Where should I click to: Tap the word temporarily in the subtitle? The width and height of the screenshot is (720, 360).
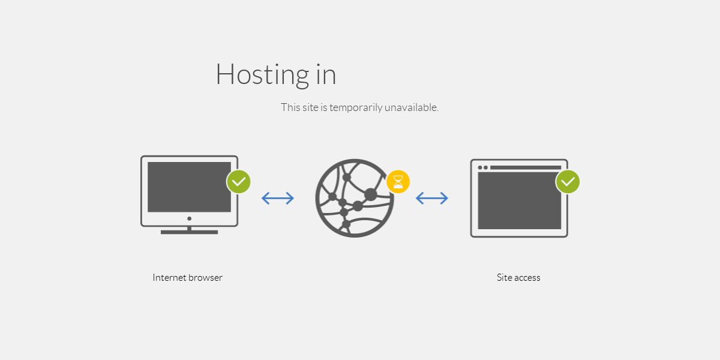pyautogui.click(x=356, y=107)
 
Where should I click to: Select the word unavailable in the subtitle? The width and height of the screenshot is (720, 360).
pyautogui.click(x=412, y=107)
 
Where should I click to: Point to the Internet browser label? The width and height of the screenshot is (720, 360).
pyautogui.click(x=187, y=277)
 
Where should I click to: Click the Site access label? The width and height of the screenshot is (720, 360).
pyautogui.click(x=518, y=277)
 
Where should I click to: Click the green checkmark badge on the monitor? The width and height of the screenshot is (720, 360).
pyautogui.click(x=239, y=182)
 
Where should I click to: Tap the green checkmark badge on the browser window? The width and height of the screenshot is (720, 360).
pyautogui.click(x=568, y=182)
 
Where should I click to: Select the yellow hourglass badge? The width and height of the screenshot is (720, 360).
pyautogui.click(x=398, y=182)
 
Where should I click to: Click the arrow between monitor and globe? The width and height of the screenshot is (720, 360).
pyautogui.click(x=278, y=199)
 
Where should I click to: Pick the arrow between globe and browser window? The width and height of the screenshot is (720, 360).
pyautogui.click(x=432, y=199)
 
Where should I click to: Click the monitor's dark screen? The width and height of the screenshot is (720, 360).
pyautogui.click(x=190, y=187)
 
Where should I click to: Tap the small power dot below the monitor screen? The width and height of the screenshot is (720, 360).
pyautogui.click(x=190, y=218)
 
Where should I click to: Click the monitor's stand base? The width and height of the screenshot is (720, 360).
pyautogui.click(x=190, y=232)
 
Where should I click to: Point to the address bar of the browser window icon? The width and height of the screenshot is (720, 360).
pyautogui.click(x=526, y=167)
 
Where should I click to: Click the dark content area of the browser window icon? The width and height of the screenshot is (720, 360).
pyautogui.click(x=520, y=201)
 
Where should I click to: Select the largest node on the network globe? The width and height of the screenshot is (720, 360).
pyautogui.click(x=370, y=194)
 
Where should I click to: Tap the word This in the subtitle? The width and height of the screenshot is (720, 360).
pyautogui.click(x=290, y=107)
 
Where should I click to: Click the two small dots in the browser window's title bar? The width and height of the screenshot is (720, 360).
pyautogui.click(x=483, y=167)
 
